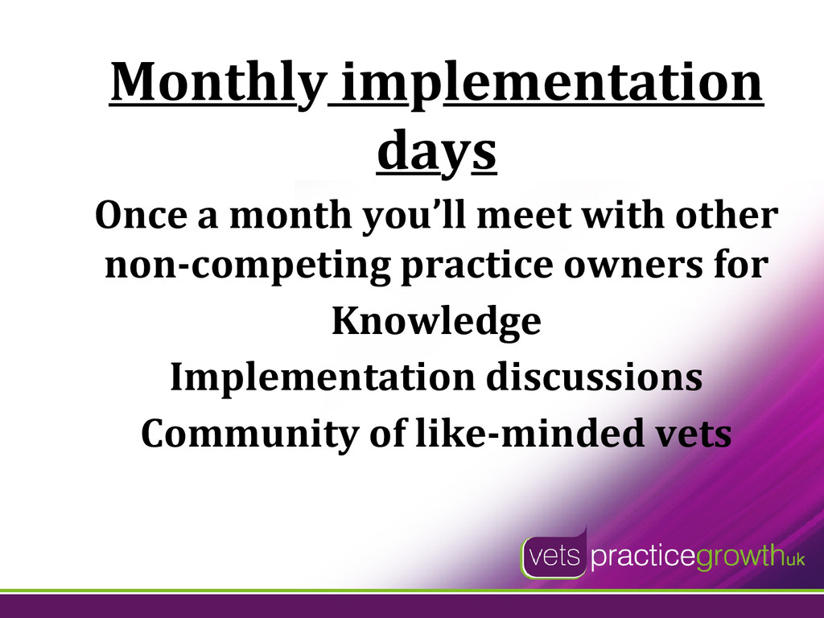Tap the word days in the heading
pyautogui.click(x=437, y=150)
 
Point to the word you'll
pyautogui.click(x=414, y=216)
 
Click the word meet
pyautogui.click(x=523, y=216)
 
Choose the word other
pyautogui.click(x=727, y=216)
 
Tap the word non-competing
pyautogui.click(x=248, y=266)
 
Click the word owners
pyautogui.click(x=632, y=265)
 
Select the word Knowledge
pyautogui.click(x=437, y=322)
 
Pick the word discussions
pyautogui.click(x=595, y=377)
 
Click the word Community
pyautogui.click(x=249, y=434)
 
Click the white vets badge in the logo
pyautogui.click(x=554, y=555)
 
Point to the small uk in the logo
pyautogui.click(x=795, y=560)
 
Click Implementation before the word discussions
pyautogui.click(x=323, y=378)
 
